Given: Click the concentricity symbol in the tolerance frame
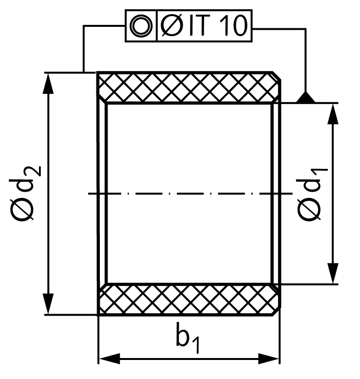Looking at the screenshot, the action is pyautogui.click(x=141, y=26).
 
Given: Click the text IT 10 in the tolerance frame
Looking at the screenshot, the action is pyautogui.click(x=218, y=25).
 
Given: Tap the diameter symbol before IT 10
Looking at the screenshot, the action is pyautogui.click(x=172, y=25).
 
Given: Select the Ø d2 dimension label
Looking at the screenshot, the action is pyautogui.click(x=25, y=193).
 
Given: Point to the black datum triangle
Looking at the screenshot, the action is pyautogui.click(x=305, y=98).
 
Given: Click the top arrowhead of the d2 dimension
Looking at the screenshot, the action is pyautogui.click(x=48, y=83).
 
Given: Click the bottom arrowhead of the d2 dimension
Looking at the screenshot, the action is pyautogui.click(x=48, y=304).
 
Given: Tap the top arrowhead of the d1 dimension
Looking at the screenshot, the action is pyautogui.click(x=333, y=114).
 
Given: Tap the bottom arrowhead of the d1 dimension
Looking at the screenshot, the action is pyautogui.click(x=333, y=273).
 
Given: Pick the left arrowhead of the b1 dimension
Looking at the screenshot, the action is pyautogui.click(x=110, y=359).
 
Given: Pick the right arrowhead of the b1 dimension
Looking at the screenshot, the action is pyautogui.click(x=268, y=359).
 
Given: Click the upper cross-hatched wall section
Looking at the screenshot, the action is pyautogui.click(x=189, y=87).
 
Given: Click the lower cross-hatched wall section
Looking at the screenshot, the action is pyautogui.click(x=189, y=299).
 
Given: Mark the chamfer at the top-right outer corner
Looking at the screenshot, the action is pyautogui.click(x=277, y=76).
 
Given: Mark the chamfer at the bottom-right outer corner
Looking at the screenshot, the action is pyautogui.click(x=277, y=311).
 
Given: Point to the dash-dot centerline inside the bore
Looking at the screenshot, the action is pyautogui.click(x=190, y=193).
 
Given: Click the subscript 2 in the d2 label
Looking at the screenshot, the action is pyautogui.click(x=36, y=171).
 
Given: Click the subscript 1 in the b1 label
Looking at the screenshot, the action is pyautogui.click(x=196, y=346).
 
